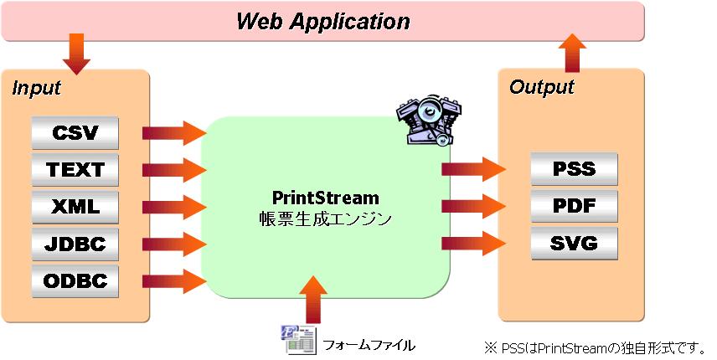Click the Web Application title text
click(322, 21)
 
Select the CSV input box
click(75, 133)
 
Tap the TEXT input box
click(75, 170)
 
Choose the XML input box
click(75, 207)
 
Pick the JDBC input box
click(75, 244)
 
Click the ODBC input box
click(75, 281)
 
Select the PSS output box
click(574, 170)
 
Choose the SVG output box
click(574, 244)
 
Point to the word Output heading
click(542, 87)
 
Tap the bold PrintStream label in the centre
click(326, 198)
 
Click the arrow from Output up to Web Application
click(573, 54)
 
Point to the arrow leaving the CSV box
click(173, 133)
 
